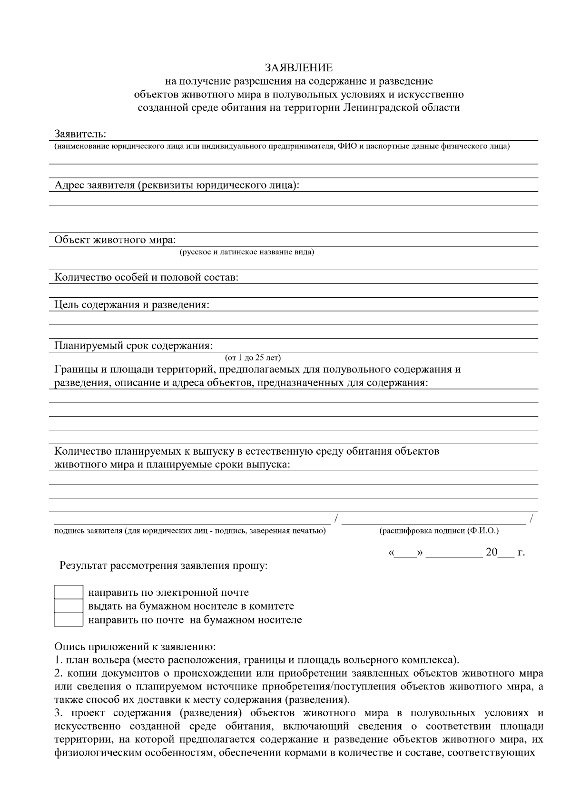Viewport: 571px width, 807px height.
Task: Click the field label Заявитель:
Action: tap(80, 134)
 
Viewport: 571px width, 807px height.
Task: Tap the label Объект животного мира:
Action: tap(115, 240)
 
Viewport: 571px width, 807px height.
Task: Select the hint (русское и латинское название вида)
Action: tap(246, 252)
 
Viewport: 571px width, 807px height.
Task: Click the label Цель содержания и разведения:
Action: tap(132, 304)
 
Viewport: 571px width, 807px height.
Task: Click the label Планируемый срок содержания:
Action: tap(133, 345)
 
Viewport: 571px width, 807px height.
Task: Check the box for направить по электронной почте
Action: tap(69, 592)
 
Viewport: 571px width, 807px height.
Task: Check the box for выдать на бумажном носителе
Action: tap(69, 606)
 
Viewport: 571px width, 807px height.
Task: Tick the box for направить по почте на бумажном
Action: tap(69, 620)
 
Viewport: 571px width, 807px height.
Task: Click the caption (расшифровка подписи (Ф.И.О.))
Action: tap(439, 531)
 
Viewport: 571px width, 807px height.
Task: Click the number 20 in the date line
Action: tap(491, 553)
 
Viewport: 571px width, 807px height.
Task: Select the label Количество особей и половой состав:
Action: tap(146, 277)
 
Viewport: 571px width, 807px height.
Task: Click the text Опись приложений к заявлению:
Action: tap(135, 647)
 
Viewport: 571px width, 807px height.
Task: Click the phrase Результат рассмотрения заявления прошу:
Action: tap(163, 566)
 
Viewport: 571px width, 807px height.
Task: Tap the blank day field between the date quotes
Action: tap(405, 554)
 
